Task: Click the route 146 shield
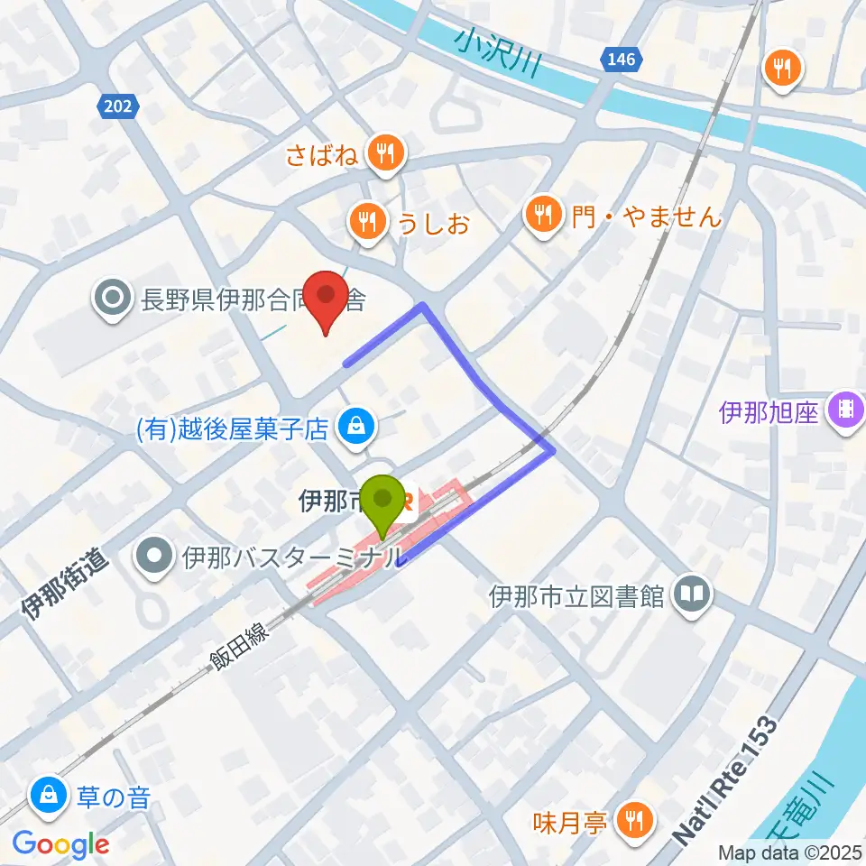click(x=621, y=60)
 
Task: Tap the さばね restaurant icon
click(x=385, y=152)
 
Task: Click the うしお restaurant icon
click(x=366, y=219)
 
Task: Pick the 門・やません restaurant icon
click(x=543, y=215)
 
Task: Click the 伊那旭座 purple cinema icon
click(x=846, y=412)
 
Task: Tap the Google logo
click(x=61, y=844)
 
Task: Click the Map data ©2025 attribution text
click(x=788, y=852)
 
